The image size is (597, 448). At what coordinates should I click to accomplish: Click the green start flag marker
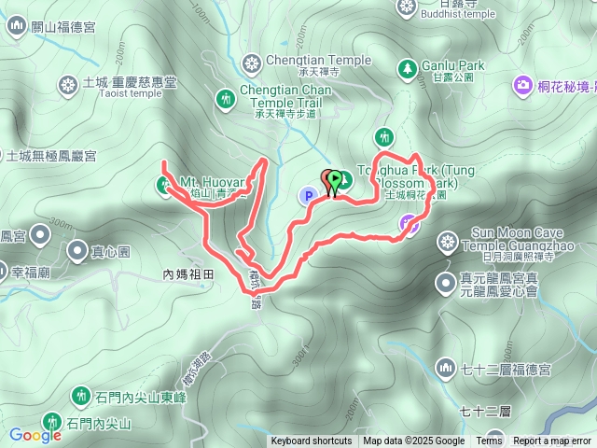point(334,177)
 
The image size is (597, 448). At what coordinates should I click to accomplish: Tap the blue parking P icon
point(307,196)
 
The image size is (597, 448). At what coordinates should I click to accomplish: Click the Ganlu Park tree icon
point(407,67)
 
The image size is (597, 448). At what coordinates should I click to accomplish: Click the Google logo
point(35,435)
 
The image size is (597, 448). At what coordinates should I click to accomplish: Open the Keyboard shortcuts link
point(312,441)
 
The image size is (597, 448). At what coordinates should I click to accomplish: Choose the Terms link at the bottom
point(489,441)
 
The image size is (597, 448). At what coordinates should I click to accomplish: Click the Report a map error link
point(552,441)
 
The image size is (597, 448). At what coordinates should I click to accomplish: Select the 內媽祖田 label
point(187,275)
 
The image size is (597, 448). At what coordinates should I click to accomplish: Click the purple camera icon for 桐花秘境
point(522,86)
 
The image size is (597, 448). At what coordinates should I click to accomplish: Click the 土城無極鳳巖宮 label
point(52,155)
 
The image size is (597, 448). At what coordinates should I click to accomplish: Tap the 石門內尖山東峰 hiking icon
point(80,396)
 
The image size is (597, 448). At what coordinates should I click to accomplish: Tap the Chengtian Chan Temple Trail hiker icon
point(225,98)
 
